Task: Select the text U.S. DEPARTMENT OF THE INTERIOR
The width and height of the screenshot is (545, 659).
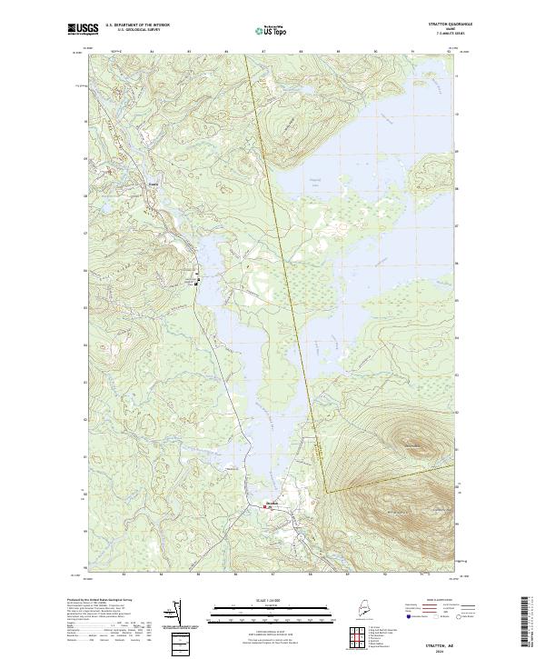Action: click(x=137, y=26)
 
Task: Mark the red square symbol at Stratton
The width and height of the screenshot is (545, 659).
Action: click(x=265, y=507)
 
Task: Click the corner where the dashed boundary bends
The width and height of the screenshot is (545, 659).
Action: click(x=326, y=492)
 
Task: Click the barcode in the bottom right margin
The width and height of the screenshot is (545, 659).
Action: click(x=524, y=623)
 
